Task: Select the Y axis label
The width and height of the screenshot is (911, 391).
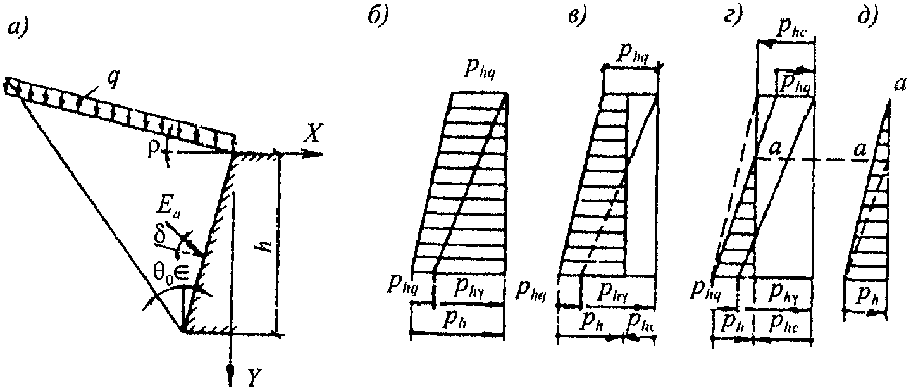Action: pyautogui.click(x=254, y=378)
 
